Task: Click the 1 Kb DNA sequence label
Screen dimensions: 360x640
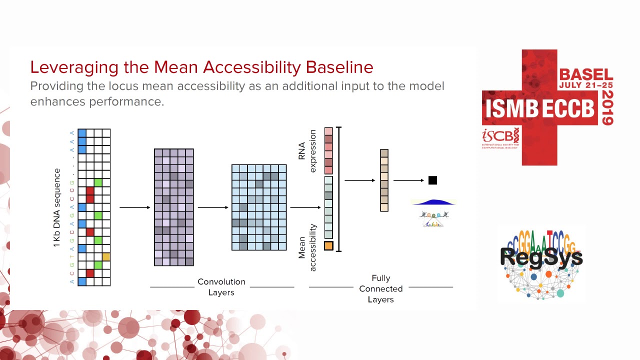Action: (57, 207)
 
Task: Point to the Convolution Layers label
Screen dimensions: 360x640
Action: (221, 287)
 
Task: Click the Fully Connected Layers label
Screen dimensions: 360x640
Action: (380, 289)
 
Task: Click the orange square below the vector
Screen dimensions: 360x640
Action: (328, 246)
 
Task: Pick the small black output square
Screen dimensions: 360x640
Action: (432, 180)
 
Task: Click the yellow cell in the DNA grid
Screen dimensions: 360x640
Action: (106, 257)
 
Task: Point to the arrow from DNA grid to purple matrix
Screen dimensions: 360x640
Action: (134, 207)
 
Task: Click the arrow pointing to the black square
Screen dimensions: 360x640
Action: (408, 180)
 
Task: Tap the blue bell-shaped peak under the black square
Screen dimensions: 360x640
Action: (433, 202)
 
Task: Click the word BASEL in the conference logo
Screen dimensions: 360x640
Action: (585, 74)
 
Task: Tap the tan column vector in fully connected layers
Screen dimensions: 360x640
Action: (384, 180)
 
